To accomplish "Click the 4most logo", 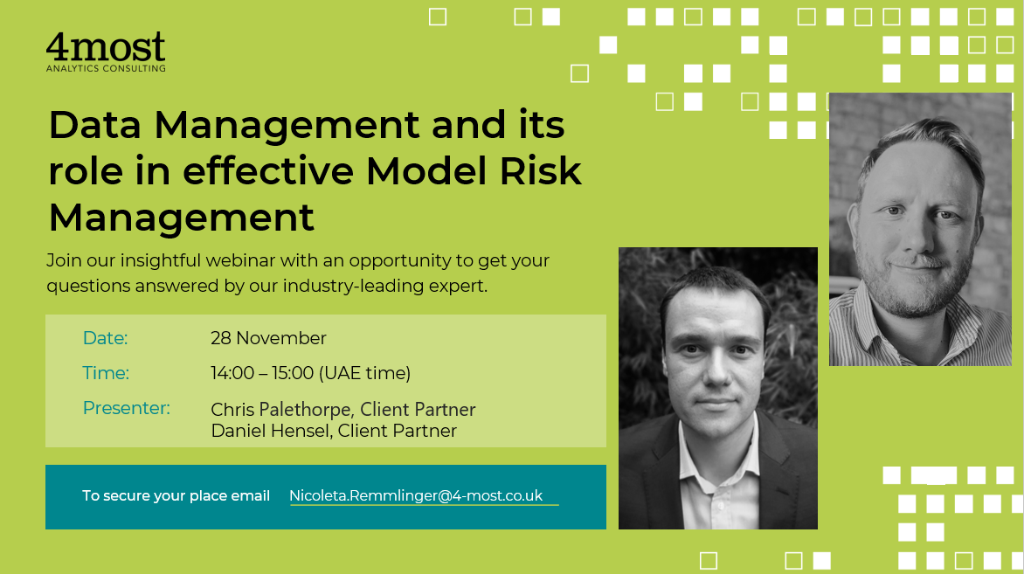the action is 106,52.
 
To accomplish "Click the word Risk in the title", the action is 540,171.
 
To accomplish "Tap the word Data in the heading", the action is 94,125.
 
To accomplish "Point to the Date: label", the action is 105,338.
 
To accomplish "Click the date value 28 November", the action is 268,338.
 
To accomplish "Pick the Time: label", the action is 106,373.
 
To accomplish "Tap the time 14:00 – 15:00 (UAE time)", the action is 311,373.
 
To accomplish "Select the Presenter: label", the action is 126,408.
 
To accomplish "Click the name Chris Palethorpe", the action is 280,410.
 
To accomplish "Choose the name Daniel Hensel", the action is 269,431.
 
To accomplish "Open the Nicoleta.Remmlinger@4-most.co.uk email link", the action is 416,495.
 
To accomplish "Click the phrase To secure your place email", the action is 176,495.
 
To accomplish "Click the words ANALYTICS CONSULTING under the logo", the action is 106,68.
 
